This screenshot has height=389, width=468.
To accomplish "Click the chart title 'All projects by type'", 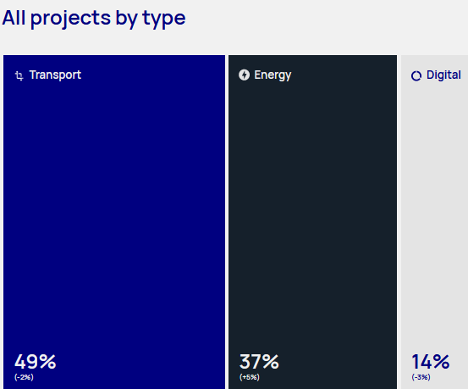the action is tap(94, 19).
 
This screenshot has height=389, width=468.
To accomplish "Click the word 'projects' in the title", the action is tap(70, 19).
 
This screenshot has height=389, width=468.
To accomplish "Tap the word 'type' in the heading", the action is tap(164, 19).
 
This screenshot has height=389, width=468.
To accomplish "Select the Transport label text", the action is tap(55, 75).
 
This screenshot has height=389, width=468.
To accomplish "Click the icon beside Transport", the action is tap(19, 75).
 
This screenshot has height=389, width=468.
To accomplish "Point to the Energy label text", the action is tap(273, 75).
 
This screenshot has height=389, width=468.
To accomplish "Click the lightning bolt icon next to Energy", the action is tap(244, 75).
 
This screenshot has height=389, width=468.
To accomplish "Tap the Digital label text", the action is tap(443, 75).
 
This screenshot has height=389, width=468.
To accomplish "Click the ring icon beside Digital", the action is tap(416, 76).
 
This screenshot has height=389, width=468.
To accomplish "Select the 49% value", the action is tap(36, 362).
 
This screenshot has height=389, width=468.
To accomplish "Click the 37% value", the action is tap(259, 362).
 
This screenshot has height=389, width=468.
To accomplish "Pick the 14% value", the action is tap(431, 362).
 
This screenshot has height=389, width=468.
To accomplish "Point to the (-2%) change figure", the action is tap(24, 377).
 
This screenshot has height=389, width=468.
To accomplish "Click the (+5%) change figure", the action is tap(250, 377).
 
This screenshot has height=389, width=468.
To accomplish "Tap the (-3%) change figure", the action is tap(421, 377).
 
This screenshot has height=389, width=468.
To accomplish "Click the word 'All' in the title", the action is tap(14, 18).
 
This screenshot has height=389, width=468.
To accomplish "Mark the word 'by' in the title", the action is tap(126, 19).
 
